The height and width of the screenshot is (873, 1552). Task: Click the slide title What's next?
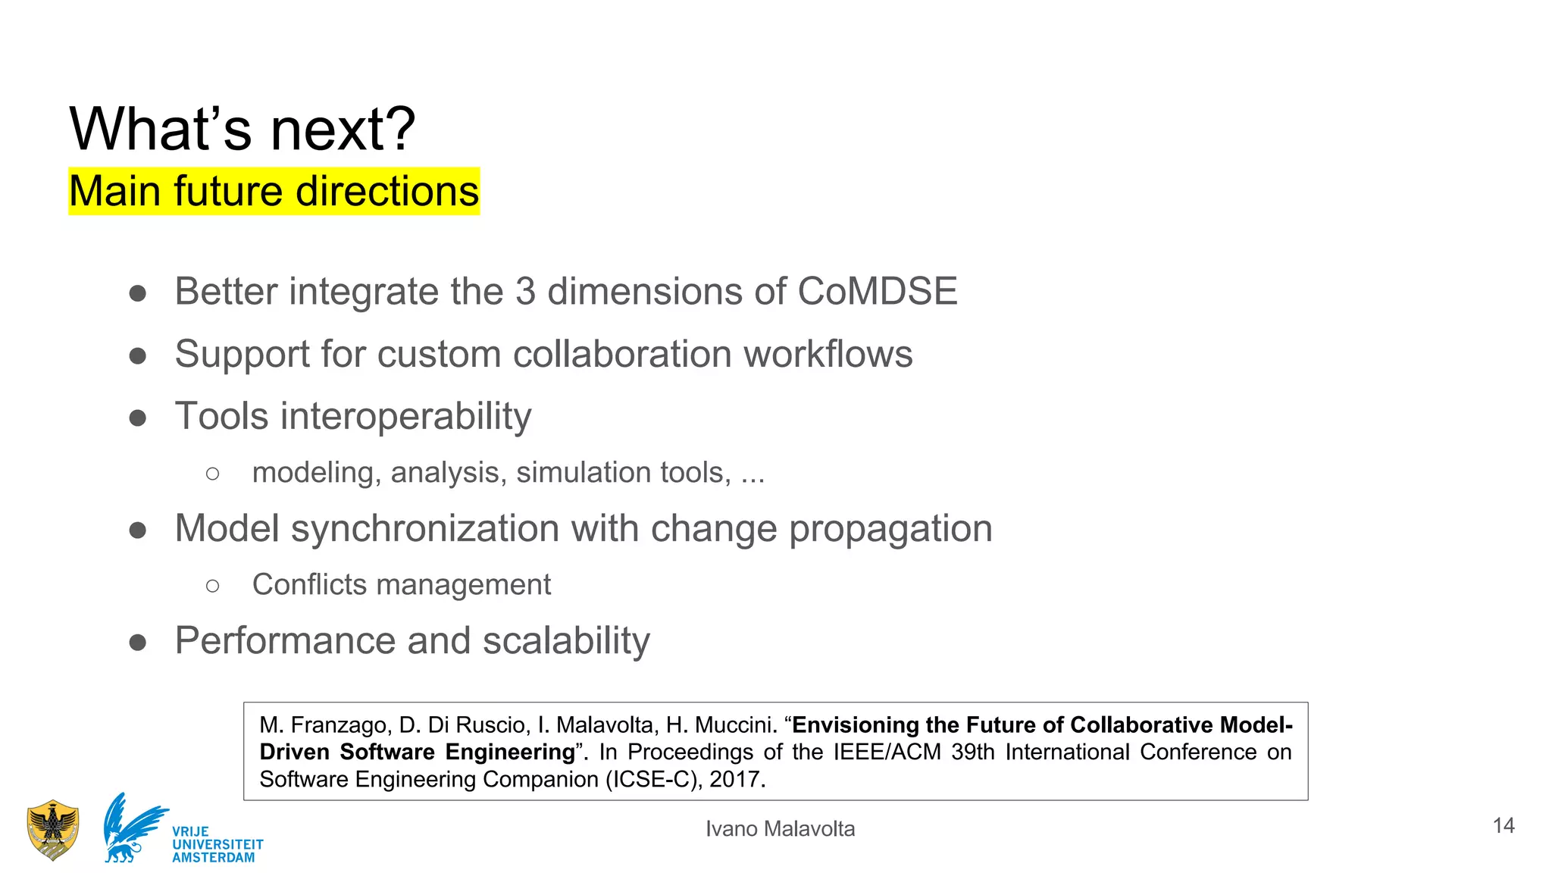point(242,129)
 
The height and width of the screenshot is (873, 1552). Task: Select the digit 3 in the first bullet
point(525,292)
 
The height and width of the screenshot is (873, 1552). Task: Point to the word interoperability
point(405,417)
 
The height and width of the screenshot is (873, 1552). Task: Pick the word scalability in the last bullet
point(566,641)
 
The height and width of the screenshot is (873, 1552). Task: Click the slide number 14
point(1503,825)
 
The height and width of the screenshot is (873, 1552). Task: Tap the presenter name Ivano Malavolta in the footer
point(780,829)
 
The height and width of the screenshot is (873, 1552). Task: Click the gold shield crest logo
point(52,830)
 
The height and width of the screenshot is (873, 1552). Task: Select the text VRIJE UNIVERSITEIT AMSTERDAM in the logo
point(217,844)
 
